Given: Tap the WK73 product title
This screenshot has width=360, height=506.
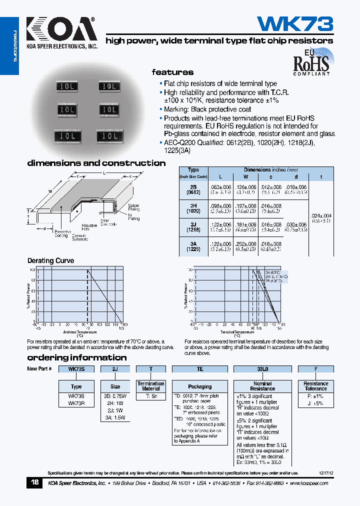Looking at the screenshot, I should pos(294,24).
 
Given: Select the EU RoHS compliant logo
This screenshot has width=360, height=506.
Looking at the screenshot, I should pos(310,61).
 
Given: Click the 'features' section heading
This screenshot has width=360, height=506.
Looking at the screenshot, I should pos(172,72).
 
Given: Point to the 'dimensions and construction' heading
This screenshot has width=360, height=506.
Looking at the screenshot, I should pos(96,163).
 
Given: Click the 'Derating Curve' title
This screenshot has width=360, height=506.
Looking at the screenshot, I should pos(50,260).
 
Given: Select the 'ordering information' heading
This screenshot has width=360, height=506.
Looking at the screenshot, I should pos(76,357).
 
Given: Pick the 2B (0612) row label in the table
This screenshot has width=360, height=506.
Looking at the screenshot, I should pos(193,189).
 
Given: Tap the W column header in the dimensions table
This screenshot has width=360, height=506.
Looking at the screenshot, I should pos(246,176).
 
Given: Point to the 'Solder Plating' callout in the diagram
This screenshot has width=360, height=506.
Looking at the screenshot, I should pos(133,207).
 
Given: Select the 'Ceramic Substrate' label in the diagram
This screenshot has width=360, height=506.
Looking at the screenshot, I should pos(79,237).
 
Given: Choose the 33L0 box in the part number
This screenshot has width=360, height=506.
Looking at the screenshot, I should pos(262,369).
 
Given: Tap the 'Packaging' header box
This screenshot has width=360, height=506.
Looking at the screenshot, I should pos(199,386).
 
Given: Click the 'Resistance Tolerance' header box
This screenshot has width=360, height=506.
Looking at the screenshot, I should pos(315,386).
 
